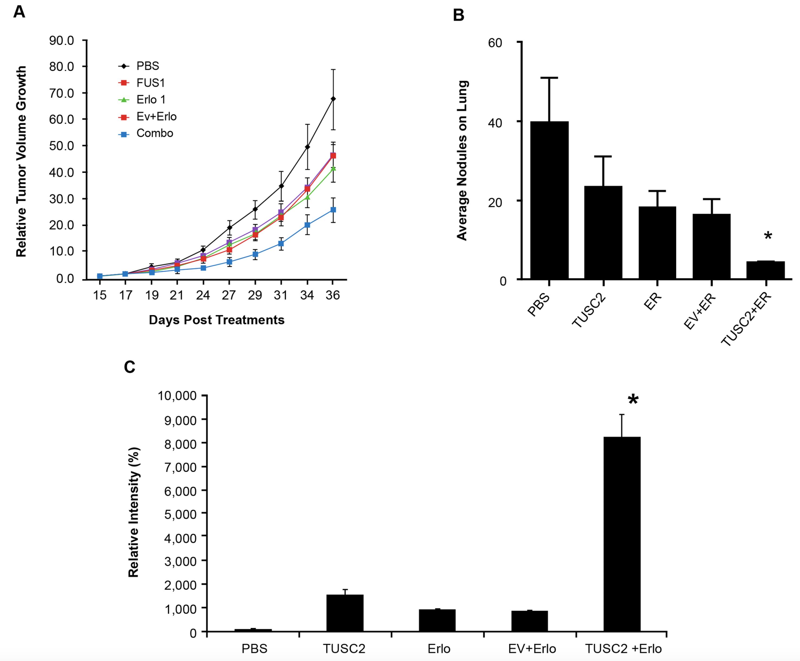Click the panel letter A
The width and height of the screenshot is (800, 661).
click(x=19, y=12)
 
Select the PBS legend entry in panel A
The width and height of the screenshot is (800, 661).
click(x=147, y=66)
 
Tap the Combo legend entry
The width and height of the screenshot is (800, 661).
click(x=154, y=133)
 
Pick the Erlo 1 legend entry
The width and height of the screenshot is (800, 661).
click(x=151, y=100)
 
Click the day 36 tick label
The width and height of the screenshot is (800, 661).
click(x=333, y=295)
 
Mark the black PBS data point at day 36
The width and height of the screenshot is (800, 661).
click(x=333, y=99)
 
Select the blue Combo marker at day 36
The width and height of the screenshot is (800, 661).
click(x=333, y=210)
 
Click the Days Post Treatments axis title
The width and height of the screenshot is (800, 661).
click(x=216, y=320)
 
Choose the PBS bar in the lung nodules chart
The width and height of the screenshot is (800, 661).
click(x=549, y=200)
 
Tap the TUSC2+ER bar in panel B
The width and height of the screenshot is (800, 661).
click(x=765, y=270)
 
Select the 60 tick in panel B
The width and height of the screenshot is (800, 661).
click(x=495, y=43)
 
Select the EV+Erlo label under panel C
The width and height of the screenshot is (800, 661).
click(x=532, y=649)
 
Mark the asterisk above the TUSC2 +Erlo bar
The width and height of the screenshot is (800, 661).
click(x=633, y=400)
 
